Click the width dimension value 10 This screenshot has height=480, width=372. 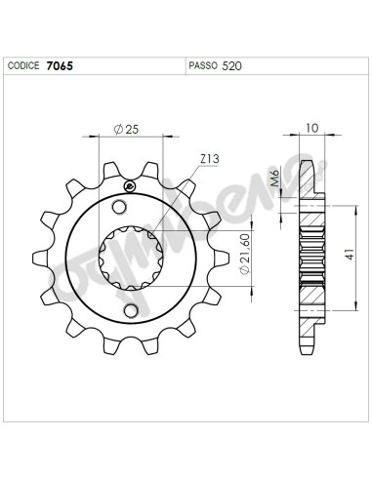pyautogui.click(x=310, y=128)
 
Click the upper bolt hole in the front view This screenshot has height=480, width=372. pyautogui.click(x=121, y=207)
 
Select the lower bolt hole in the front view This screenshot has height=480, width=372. pyautogui.click(x=132, y=311)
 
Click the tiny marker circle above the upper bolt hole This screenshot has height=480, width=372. pyautogui.click(x=128, y=187)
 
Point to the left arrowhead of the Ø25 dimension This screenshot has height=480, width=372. pyautogui.click(x=101, y=137)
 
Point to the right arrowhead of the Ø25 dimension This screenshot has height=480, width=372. pyautogui.click(x=163, y=137)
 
